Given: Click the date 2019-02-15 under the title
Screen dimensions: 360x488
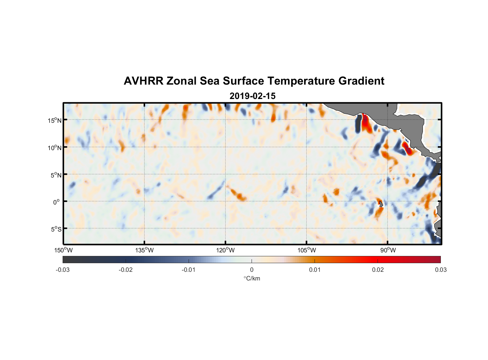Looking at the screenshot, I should pos(252,96).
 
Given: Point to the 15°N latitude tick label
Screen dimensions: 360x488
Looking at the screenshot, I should pos(55,120).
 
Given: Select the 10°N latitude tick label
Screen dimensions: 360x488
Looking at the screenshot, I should pos(55,148).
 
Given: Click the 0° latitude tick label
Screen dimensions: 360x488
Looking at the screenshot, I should pos(57,202).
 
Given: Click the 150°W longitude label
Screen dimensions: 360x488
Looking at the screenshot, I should pos(63,250).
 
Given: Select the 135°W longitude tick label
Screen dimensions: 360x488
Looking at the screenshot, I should pos(144,250).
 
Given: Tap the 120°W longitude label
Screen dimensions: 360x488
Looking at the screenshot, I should pos(225,250).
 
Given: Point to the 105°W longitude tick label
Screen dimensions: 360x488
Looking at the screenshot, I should pos(307,250).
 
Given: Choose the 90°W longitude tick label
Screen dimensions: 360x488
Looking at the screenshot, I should pos(388,250).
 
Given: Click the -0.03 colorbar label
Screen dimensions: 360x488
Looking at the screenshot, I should pos(63,270).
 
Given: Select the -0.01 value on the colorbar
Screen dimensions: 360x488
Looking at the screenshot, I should pos(189,270).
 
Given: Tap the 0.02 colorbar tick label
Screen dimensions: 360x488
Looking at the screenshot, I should pos(378,270).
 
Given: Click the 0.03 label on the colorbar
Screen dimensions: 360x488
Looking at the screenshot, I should pos(440,270).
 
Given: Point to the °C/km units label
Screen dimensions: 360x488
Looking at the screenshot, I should pos(252,278).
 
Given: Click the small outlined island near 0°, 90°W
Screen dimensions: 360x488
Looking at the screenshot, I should pos(381,204).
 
